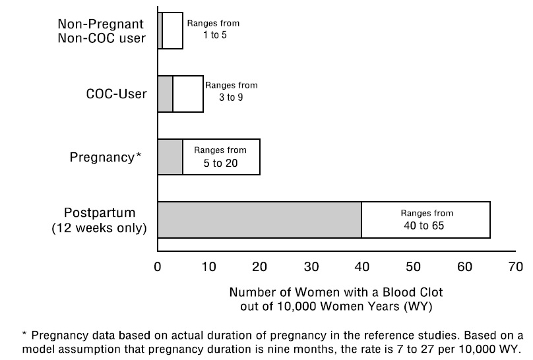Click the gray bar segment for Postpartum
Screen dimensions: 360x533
coord(259,220)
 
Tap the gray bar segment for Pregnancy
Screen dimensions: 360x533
coord(170,157)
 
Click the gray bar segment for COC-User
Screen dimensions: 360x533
coord(165,94)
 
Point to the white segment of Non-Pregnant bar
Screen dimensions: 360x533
coord(172,30)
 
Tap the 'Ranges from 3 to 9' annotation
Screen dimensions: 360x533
coord(231,91)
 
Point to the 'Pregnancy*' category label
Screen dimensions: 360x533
coord(106,158)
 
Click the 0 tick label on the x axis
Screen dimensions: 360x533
coord(157,267)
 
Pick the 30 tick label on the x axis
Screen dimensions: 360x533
coord(311,267)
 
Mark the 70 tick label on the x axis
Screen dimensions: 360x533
coord(515,267)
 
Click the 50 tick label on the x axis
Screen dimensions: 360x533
coord(413,267)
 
